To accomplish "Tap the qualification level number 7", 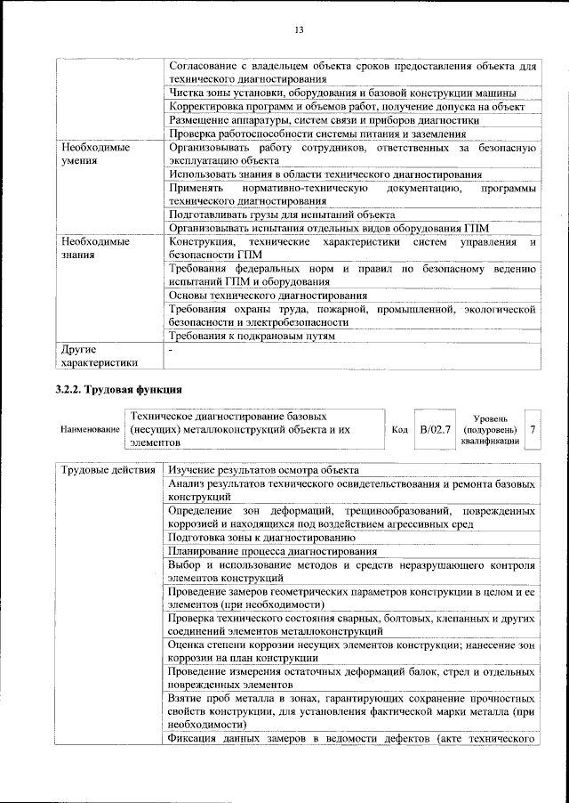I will coord(532,430).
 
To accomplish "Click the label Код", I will coord(399,430).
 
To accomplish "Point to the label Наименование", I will coord(90,430).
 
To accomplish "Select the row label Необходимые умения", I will coord(93,155).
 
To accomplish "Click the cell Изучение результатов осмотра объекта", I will coord(263,470).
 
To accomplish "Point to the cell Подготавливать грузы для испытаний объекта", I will coord(281,215).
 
